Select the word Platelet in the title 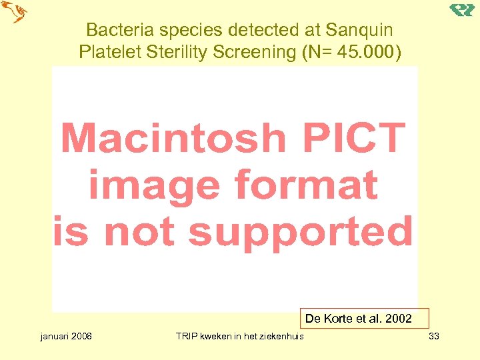(x=106, y=52)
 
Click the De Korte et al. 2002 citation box (x=359, y=319)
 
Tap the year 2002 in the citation (x=399, y=319)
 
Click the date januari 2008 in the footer (x=66, y=336)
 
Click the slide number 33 (x=434, y=336)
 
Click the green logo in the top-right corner (x=461, y=10)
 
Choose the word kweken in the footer (x=217, y=336)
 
